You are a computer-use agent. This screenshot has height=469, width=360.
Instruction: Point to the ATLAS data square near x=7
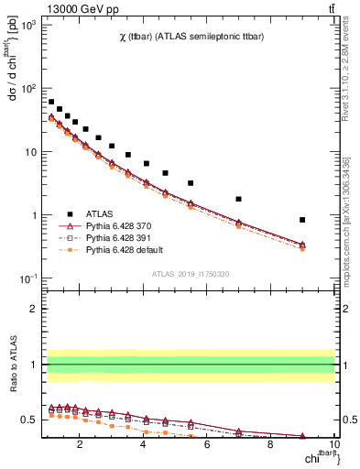(x=238, y=199)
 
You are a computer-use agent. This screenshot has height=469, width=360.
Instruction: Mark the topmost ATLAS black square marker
(x=51, y=102)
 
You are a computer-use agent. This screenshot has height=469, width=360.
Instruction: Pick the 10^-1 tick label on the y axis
(x=27, y=278)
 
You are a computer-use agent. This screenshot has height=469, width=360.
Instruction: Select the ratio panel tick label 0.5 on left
(x=30, y=420)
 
